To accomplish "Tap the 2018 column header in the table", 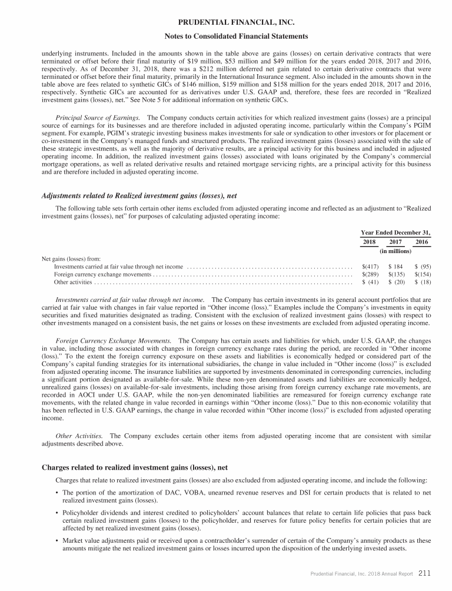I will (368, 242).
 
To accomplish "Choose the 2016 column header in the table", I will (421, 242).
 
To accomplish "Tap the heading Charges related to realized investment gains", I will (135, 468).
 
